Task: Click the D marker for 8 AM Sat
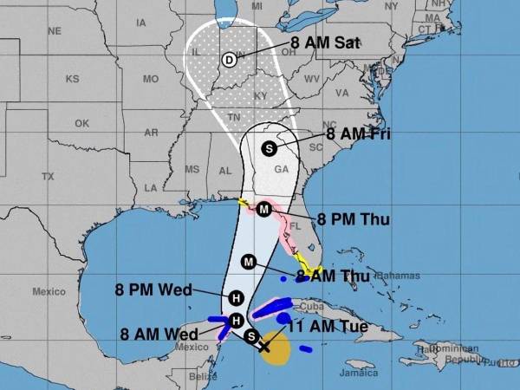click(x=229, y=60)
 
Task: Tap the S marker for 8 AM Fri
click(x=270, y=147)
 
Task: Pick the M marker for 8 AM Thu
click(x=250, y=262)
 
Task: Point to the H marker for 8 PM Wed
click(x=236, y=297)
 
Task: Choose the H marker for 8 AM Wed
click(x=236, y=321)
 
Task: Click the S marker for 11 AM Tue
click(x=251, y=336)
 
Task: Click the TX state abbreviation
click(x=48, y=176)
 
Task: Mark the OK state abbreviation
click(x=81, y=123)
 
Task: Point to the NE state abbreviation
click(x=55, y=30)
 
